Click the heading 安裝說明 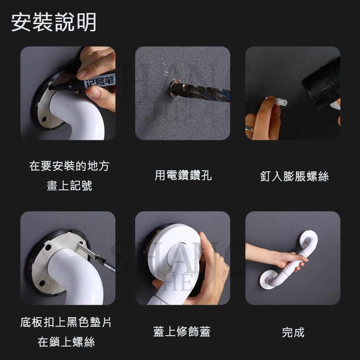pos(54,22)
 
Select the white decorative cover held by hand pos(176,248)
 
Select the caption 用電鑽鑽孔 pos(183,176)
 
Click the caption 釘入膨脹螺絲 pos(294,176)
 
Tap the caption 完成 pos(293,332)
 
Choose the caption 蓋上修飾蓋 pos(182,332)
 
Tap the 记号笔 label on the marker pos(99,80)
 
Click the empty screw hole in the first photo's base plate pos(44,118)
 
